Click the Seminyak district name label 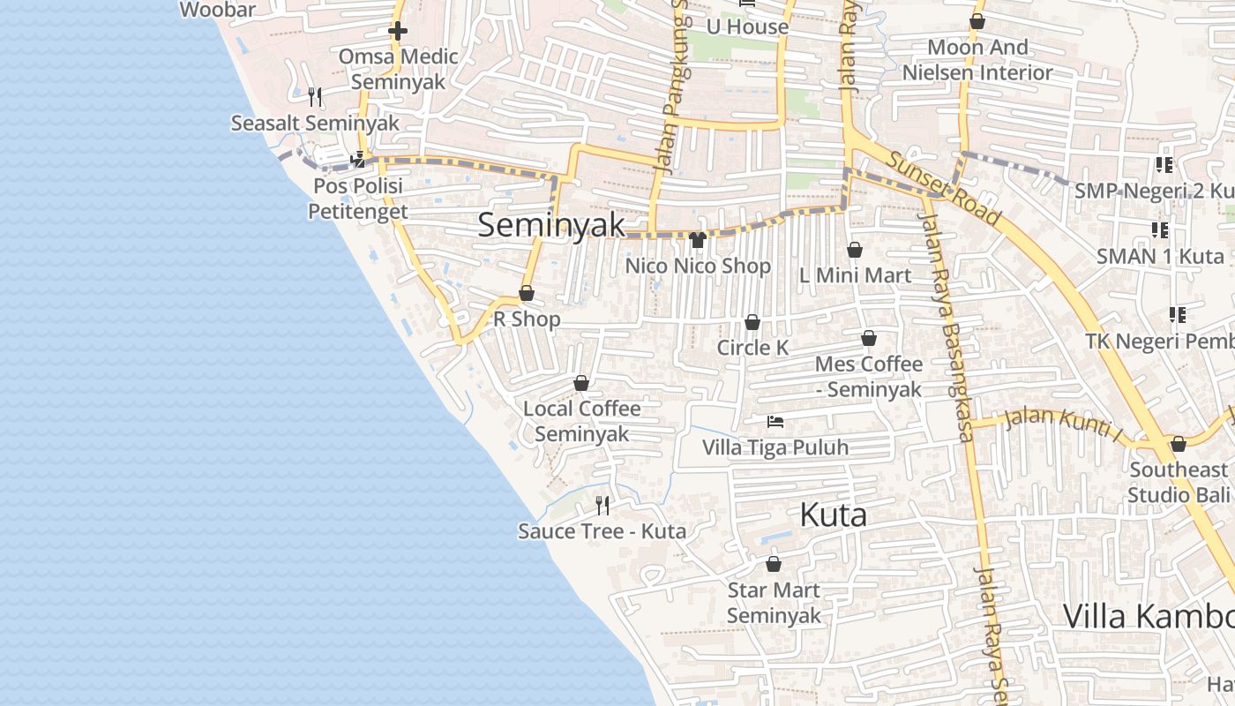coord(551,225)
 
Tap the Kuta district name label coord(833,515)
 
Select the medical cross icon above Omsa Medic coord(398,32)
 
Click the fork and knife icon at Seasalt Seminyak coord(315,96)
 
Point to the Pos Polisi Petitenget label coord(357,199)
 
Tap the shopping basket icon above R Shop coord(527,293)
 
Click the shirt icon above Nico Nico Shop coord(698,240)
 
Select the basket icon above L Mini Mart coord(855,251)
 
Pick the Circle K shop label coord(752,348)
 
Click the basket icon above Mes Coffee coord(869,339)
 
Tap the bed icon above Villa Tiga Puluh coord(775,422)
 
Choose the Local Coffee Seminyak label coord(582,421)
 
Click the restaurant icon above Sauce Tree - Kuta coord(603,505)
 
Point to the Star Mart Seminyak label coord(774,603)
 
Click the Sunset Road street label coord(944,189)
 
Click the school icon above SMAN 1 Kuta coord(1160,230)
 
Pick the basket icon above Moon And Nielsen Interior coord(977,21)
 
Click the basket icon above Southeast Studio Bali coord(1179,444)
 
